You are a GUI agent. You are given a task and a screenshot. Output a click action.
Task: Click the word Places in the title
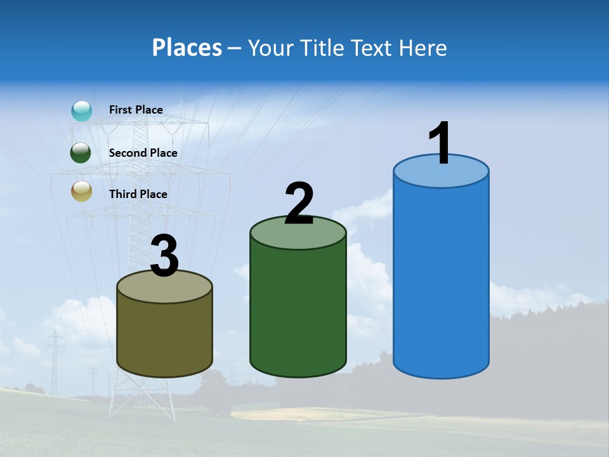pyautogui.click(x=187, y=48)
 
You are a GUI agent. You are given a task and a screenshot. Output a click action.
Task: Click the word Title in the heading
pyautogui.click(x=322, y=48)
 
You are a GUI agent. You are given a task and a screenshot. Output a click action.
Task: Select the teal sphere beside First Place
pyautogui.click(x=82, y=111)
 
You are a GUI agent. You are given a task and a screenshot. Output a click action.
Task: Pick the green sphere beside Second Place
pyautogui.click(x=81, y=153)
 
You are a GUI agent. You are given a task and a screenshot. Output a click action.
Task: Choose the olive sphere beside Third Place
pyautogui.click(x=82, y=192)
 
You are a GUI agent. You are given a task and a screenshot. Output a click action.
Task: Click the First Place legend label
pyautogui.click(x=136, y=110)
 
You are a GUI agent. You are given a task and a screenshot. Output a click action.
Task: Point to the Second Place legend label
pyautogui.click(x=143, y=153)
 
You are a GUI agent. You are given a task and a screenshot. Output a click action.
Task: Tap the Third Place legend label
pyautogui.click(x=138, y=194)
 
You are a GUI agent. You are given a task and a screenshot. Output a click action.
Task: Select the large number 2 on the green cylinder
pyautogui.click(x=299, y=204)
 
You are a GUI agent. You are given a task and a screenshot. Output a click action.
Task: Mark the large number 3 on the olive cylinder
pyautogui.click(x=165, y=256)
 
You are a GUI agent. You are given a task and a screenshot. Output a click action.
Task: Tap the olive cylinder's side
pyautogui.click(x=165, y=336)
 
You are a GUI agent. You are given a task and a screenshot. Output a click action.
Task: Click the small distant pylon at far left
pyautogui.click(x=55, y=362)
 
